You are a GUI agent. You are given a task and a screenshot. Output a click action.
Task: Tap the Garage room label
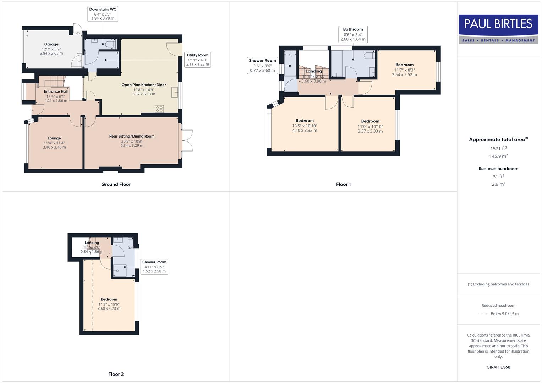tap(51, 49)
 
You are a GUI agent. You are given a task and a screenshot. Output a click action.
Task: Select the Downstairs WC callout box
tap(103, 13)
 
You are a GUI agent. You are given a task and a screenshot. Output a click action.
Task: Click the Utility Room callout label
tap(198, 60)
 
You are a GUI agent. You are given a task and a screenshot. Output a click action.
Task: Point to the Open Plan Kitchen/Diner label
tap(144, 89)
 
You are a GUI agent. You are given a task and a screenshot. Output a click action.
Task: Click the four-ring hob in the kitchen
tap(159, 109)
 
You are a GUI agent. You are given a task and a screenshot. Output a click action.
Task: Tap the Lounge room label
tap(54, 143)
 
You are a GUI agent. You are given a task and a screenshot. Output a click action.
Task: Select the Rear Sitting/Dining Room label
tap(132, 141)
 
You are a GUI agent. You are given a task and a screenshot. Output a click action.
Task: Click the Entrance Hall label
tap(56, 96)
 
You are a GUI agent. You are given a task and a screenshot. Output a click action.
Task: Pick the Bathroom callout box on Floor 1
tap(353, 34)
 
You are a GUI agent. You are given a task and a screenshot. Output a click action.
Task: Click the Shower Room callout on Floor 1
tap(262, 65)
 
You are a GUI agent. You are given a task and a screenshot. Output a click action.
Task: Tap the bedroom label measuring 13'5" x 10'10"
tap(305, 126)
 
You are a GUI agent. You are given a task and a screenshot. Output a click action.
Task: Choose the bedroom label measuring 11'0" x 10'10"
tap(370, 126)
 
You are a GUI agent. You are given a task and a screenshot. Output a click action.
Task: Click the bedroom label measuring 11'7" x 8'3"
tap(404, 70)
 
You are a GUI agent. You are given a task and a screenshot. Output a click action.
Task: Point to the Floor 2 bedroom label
tap(109, 304)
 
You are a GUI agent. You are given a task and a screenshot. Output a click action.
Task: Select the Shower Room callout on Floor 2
tap(154, 267)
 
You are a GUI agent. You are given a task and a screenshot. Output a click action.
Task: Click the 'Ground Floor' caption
tap(116, 184)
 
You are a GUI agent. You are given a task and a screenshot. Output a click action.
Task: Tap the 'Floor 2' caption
tap(116, 374)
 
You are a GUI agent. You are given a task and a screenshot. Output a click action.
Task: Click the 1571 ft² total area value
tap(498, 149)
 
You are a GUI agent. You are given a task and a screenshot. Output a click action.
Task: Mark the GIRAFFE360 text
tap(498, 367)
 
